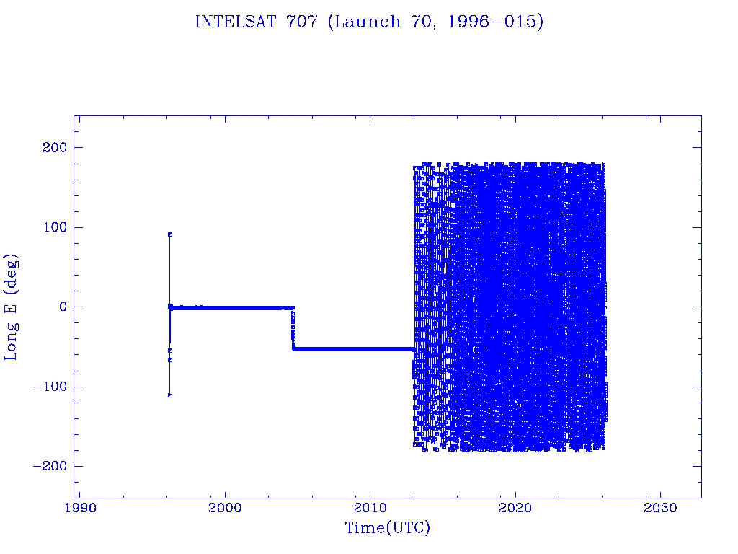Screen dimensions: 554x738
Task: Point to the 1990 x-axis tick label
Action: pyautogui.click(x=79, y=508)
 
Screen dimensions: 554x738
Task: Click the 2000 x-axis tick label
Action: pyautogui.click(x=225, y=508)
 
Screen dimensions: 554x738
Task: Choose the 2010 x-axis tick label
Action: pyautogui.click(x=370, y=508)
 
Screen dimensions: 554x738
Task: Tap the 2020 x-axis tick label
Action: pyautogui.click(x=515, y=508)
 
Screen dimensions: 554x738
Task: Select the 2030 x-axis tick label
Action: pyautogui.click(x=659, y=508)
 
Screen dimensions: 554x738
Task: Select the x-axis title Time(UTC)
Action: pyautogui.click(x=387, y=528)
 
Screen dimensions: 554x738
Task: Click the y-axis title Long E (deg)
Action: pyautogui.click(x=12, y=307)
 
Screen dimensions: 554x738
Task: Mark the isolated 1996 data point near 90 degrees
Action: pyautogui.click(x=169, y=234)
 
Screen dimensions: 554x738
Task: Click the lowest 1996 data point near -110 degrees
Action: pyautogui.click(x=169, y=395)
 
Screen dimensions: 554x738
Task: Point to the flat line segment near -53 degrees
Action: pyautogui.click(x=353, y=349)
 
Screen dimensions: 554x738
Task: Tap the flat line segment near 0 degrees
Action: pyautogui.click(x=231, y=307)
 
